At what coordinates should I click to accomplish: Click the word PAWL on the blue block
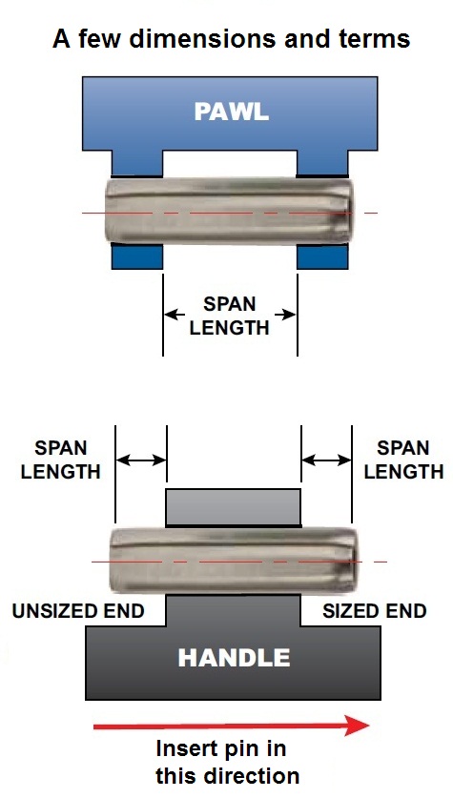[x=231, y=112]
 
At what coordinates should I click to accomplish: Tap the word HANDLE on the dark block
[x=234, y=658]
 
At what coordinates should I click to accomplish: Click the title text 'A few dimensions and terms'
[x=231, y=39]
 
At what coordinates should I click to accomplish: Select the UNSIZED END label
[x=78, y=611]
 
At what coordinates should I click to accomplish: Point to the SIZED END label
[x=374, y=611]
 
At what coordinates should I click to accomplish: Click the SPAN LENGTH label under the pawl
[x=230, y=316]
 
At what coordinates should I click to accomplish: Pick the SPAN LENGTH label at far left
[x=61, y=460]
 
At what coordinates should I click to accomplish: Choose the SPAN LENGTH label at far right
[x=403, y=460]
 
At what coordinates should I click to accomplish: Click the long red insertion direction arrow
[x=231, y=726]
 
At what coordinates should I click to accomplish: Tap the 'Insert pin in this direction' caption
[x=228, y=763]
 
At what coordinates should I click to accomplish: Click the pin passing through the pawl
[x=229, y=211]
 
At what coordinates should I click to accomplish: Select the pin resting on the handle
[x=234, y=561]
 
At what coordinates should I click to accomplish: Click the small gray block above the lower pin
[x=234, y=507]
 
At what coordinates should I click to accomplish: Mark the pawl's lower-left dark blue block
[x=137, y=256]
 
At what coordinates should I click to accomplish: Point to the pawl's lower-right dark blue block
[x=322, y=256]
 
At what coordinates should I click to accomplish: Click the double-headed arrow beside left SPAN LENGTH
[x=141, y=460]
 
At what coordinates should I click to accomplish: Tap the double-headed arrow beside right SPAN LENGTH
[x=326, y=460]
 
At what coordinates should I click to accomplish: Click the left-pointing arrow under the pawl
[x=175, y=315]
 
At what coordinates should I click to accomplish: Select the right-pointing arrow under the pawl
[x=285, y=315]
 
